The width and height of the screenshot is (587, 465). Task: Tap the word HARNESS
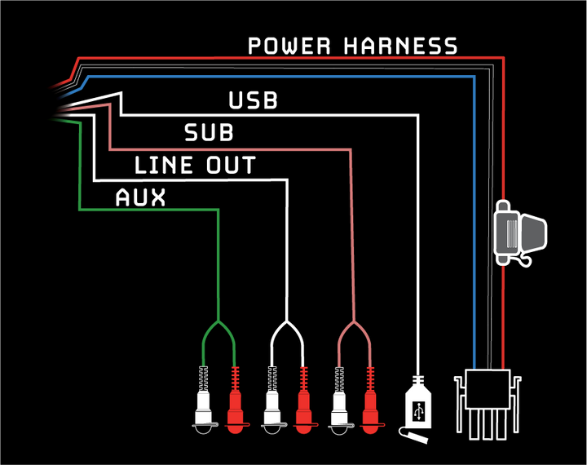(x=401, y=46)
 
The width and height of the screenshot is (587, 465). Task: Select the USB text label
(x=253, y=101)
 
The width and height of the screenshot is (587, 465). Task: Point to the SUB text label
(x=209, y=133)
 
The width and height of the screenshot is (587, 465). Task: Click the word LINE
(x=161, y=166)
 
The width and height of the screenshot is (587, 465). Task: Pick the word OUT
(x=228, y=166)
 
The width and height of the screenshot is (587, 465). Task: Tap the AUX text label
(x=140, y=197)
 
